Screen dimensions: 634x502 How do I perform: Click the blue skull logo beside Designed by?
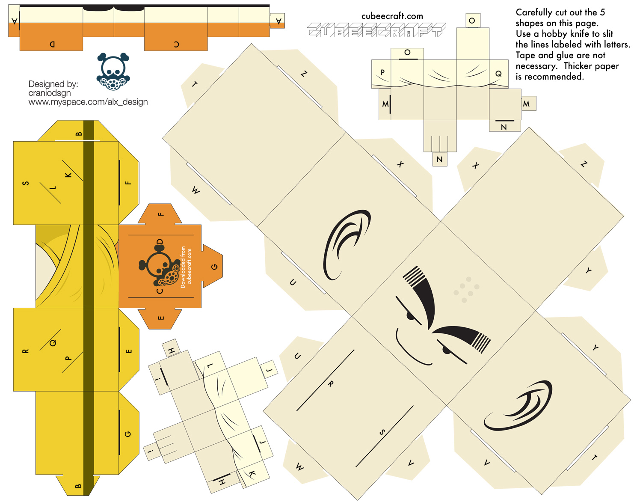[113, 71]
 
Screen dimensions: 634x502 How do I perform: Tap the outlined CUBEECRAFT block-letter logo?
[376, 30]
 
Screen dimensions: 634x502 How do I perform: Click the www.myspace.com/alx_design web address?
[88, 102]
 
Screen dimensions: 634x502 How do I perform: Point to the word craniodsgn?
[50, 93]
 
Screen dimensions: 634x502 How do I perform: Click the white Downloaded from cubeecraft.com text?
[186, 267]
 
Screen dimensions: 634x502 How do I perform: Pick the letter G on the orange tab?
[214, 267]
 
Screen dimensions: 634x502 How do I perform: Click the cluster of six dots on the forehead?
[466, 289]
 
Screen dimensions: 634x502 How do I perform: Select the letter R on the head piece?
[331, 384]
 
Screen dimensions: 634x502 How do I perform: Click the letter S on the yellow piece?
[26, 183]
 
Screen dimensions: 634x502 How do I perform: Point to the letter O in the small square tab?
[472, 21]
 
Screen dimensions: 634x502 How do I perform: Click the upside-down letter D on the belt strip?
[52, 45]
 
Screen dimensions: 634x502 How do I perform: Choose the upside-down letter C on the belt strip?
[177, 45]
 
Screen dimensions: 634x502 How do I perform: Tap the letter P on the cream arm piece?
[382, 72]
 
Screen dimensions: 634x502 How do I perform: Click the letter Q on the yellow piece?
[53, 343]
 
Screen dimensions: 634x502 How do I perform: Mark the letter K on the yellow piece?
[68, 175]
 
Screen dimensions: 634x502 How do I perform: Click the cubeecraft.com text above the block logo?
[392, 16]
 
